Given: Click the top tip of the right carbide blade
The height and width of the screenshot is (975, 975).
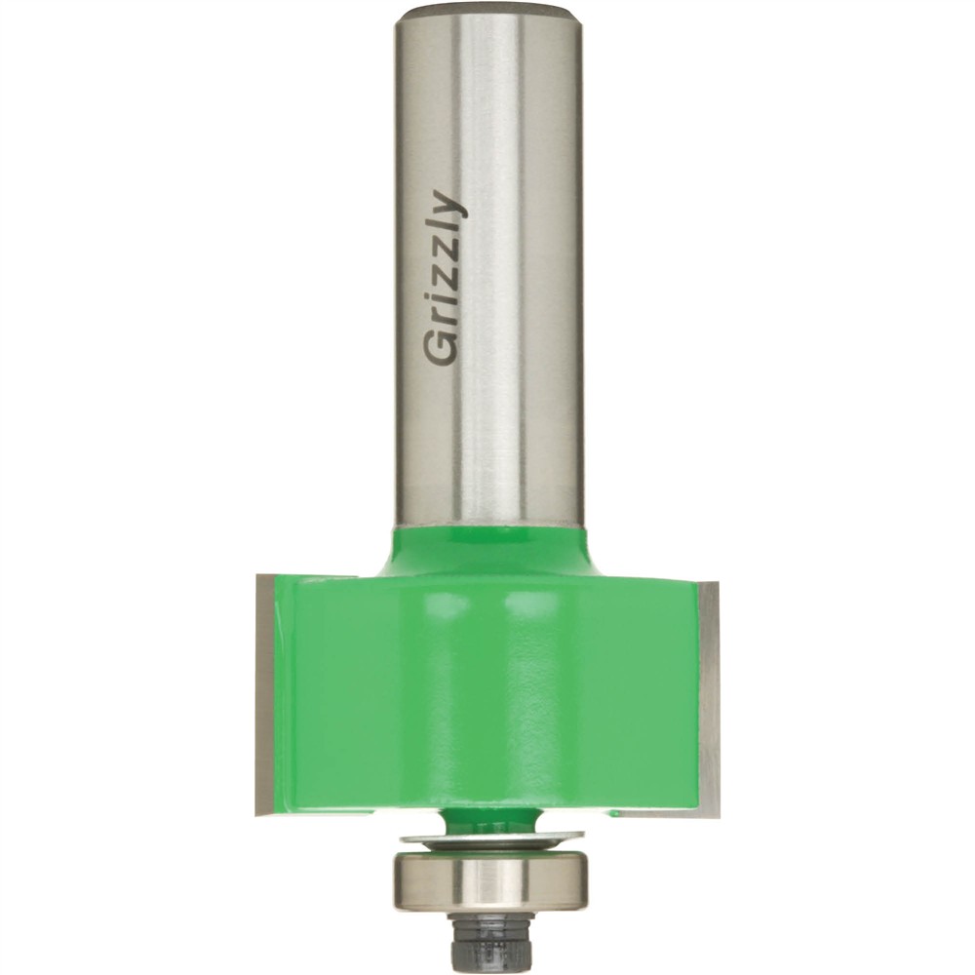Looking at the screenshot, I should tap(711, 581).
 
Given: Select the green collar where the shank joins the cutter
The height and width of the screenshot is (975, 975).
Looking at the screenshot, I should tap(487, 551).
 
